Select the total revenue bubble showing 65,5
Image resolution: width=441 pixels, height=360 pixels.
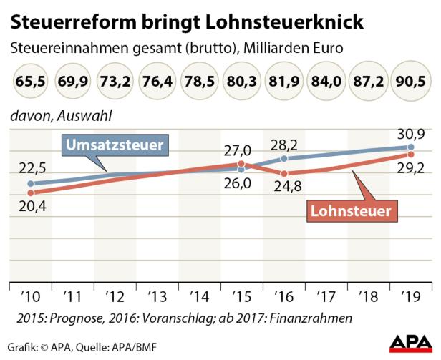coord(29,81)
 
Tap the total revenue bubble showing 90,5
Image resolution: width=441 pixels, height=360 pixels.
coord(412,81)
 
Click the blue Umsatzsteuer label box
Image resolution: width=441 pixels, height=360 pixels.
coord(115,146)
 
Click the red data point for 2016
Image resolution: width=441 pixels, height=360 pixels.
coord(284,174)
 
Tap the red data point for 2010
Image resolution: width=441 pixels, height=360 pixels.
coord(29,193)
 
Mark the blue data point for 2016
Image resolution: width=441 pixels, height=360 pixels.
coord(284,158)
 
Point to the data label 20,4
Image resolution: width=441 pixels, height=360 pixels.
coord(29,208)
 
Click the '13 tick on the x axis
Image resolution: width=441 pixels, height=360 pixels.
coord(157,296)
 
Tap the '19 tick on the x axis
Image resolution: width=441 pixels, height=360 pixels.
coord(412,296)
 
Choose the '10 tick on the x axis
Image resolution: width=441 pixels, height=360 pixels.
coord(29,296)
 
